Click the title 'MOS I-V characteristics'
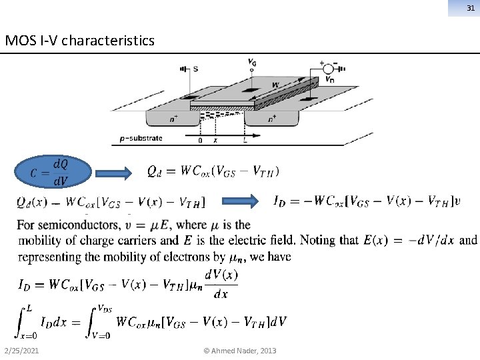(79, 41)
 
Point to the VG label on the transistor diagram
(252, 63)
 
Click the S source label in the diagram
(195, 68)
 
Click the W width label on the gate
(275, 85)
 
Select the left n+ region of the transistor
(173, 119)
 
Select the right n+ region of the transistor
(271, 119)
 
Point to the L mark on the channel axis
(245, 141)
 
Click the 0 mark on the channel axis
(201, 141)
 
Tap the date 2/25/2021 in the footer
(21, 351)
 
